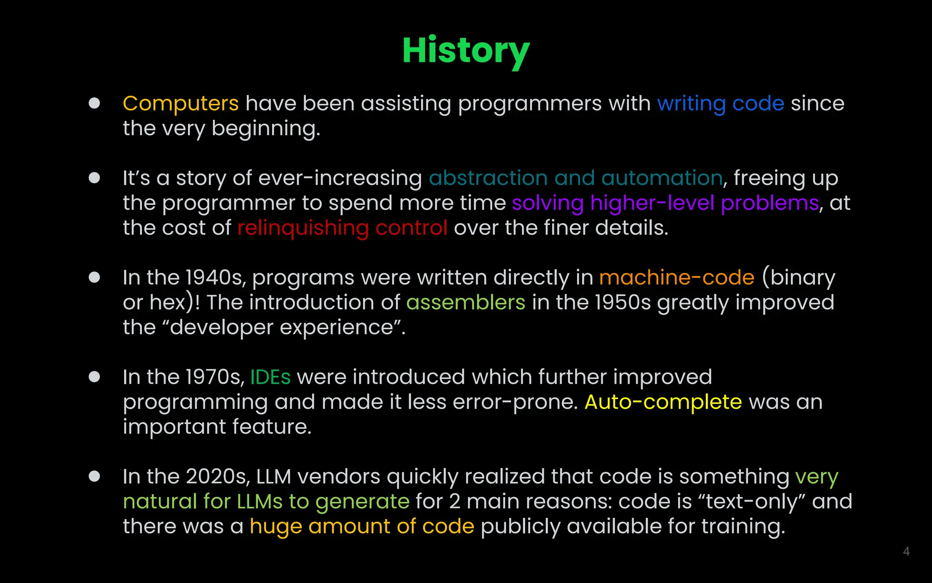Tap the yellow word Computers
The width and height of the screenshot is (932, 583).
(x=181, y=103)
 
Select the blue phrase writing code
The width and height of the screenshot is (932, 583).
(x=720, y=103)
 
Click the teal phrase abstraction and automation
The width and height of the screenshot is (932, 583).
(x=575, y=178)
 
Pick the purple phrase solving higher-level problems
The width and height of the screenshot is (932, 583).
(x=665, y=203)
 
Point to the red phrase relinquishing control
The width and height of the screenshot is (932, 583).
(x=342, y=228)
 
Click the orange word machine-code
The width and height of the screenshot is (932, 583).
(x=677, y=277)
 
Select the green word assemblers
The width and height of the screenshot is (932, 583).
(x=466, y=302)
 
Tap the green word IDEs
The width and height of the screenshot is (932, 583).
(x=270, y=377)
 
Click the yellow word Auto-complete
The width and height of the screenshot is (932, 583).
(x=663, y=402)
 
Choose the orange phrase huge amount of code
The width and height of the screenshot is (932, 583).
(x=362, y=527)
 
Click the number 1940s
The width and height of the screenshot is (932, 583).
(x=216, y=277)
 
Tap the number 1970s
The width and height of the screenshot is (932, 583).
(x=215, y=377)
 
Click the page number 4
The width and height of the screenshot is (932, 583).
(x=906, y=552)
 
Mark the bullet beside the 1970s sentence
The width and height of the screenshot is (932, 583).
(x=94, y=377)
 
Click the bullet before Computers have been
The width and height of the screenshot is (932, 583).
(x=94, y=103)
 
